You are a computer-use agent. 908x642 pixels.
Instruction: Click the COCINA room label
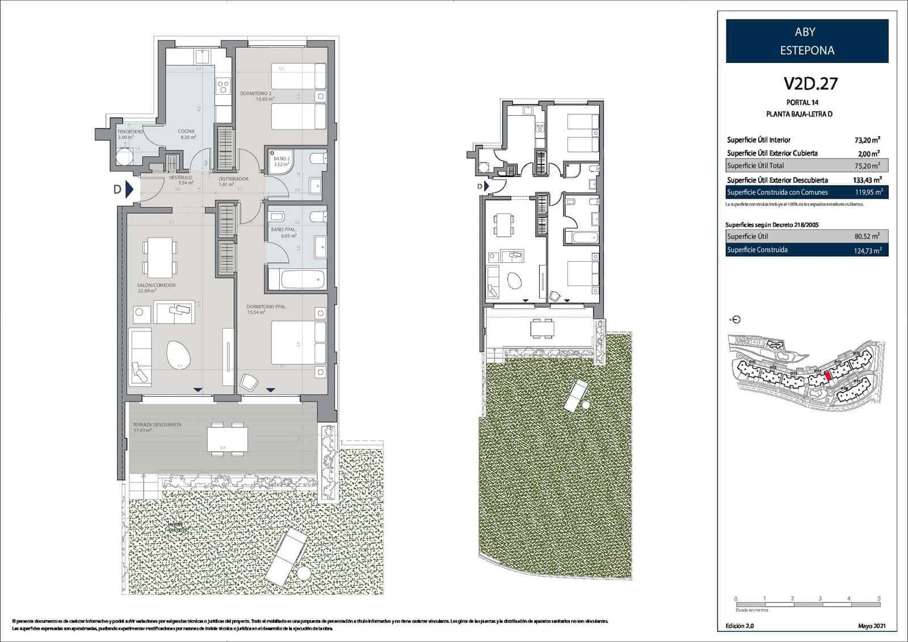click(186, 131)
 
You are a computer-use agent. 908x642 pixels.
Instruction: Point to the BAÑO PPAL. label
click(283, 229)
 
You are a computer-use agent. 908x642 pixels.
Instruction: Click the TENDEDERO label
click(130, 131)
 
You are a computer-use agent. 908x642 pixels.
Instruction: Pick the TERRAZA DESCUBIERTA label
click(157, 425)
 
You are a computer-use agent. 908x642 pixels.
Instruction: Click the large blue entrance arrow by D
click(129, 189)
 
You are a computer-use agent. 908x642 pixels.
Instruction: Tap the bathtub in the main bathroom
click(296, 280)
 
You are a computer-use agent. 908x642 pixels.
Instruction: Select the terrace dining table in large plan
click(227, 438)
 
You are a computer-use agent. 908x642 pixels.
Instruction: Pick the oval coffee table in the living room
click(179, 355)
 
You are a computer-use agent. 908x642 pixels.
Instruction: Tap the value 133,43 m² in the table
click(866, 180)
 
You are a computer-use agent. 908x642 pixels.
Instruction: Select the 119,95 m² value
click(868, 192)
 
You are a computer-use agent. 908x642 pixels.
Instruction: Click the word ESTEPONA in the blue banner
click(806, 51)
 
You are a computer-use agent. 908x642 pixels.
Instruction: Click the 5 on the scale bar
click(878, 598)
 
